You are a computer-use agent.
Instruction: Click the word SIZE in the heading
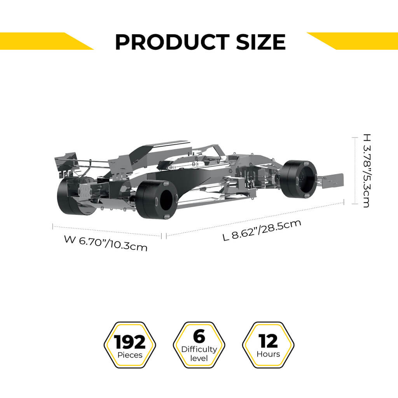(260, 42)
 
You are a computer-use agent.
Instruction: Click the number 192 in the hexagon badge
(130, 342)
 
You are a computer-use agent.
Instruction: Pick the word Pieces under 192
(130, 355)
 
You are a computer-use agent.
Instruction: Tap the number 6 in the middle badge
(199, 337)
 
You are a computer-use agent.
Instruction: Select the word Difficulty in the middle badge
(199, 349)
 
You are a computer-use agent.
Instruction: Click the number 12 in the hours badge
(268, 341)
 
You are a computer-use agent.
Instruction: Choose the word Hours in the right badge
(268, 354)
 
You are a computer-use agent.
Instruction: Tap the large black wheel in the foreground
(157, 199)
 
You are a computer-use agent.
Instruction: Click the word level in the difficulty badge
(199, 358)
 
